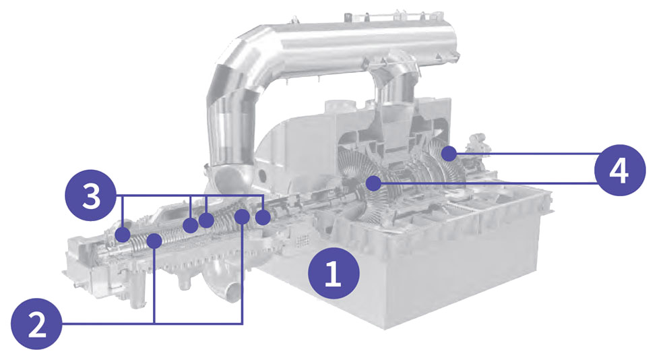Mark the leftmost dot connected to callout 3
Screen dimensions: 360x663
point(123,234)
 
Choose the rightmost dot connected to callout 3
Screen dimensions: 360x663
point(263,217)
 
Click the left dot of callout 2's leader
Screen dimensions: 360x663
point(155,239)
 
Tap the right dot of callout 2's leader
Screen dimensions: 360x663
point(242,216)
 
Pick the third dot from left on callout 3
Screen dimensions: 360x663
point(206,220)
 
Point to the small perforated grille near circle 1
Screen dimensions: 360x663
point(302,240)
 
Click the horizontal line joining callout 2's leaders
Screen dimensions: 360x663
point(199,323)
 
